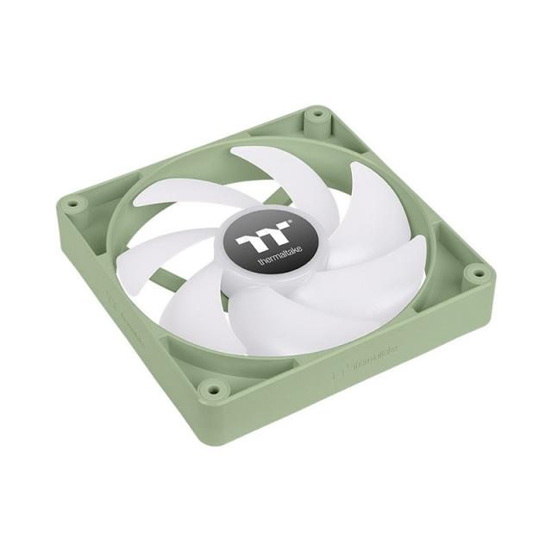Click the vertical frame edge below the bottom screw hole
click(209, 423)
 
